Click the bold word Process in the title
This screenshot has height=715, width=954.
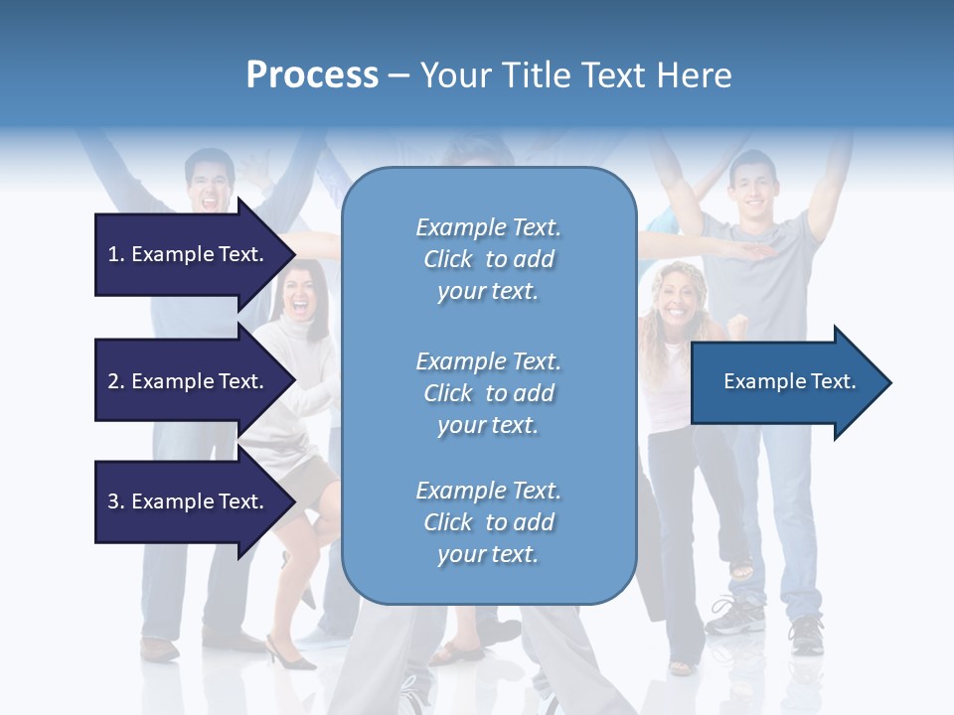312,75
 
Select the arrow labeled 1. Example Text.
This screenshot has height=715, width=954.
189,254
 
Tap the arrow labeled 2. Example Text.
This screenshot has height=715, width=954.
189,381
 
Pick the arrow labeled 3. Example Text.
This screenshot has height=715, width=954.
189,501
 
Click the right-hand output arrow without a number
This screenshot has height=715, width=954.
785,382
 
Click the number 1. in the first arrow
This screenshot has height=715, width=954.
116,254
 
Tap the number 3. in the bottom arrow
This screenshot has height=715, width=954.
116,501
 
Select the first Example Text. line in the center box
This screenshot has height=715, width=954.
488,227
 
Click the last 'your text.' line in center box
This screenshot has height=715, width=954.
488,554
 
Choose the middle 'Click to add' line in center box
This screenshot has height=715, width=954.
488,393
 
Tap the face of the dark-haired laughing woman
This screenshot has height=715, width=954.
301,294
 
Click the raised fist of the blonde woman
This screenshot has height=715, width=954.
736,324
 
